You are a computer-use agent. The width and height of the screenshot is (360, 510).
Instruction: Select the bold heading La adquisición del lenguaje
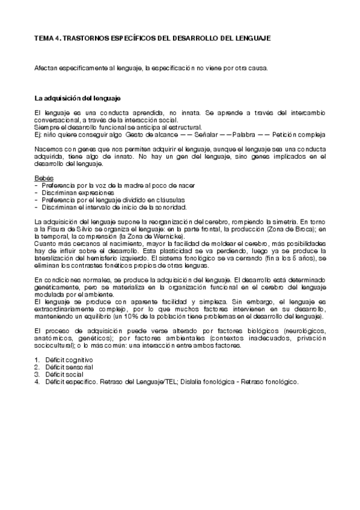[78, 97]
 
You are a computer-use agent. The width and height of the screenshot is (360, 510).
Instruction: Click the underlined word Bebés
[43, 178]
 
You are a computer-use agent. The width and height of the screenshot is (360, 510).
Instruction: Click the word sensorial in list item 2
[76, 367]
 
